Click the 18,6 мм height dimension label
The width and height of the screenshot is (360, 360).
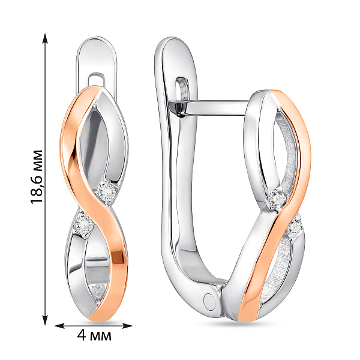point(37,177)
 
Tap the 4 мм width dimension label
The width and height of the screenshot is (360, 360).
point(94,336)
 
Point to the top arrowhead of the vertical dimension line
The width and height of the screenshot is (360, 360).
point(45,38)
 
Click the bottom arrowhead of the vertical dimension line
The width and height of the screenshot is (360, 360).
point(45,320)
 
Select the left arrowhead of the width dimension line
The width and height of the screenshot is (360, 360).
point(59,326)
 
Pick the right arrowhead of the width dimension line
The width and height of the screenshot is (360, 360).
point(127,326)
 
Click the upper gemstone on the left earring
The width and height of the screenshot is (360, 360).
point(107,191)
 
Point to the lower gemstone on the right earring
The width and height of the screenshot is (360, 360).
point(295,227)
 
